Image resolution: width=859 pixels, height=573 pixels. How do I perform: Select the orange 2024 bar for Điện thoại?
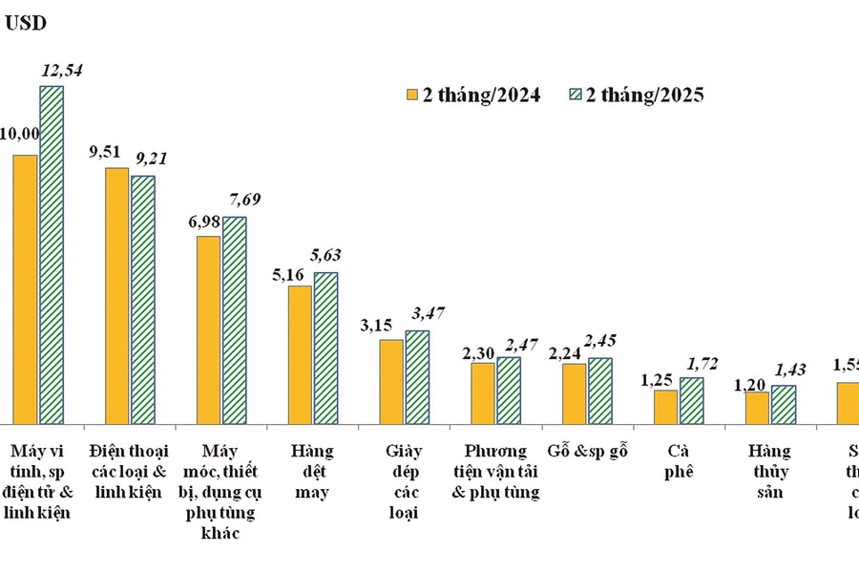tap(116, 295)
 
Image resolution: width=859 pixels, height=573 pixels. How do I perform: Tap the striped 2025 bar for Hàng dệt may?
tap(325, 348)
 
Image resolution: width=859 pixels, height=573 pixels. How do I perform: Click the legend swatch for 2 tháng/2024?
tap(413, 95)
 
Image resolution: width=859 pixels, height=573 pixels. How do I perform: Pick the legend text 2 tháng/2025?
tap(645, 95)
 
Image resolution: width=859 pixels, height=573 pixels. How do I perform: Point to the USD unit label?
tap(26, 24)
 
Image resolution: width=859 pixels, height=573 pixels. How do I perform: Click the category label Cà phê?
tap(678, 460)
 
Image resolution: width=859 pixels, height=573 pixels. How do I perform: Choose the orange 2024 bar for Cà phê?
tap(665, 406)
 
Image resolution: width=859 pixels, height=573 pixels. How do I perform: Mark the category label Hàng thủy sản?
tap(769, 471)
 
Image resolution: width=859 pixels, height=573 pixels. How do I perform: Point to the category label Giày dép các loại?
tap(403, 481)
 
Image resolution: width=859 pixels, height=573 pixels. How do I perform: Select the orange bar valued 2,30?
tap(483, 393)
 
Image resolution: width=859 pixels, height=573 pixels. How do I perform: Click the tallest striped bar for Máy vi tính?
tap(51, 254)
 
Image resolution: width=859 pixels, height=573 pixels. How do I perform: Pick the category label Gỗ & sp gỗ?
tap(586, 451)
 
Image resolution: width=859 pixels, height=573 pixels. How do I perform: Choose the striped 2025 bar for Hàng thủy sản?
tap(784, 404)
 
